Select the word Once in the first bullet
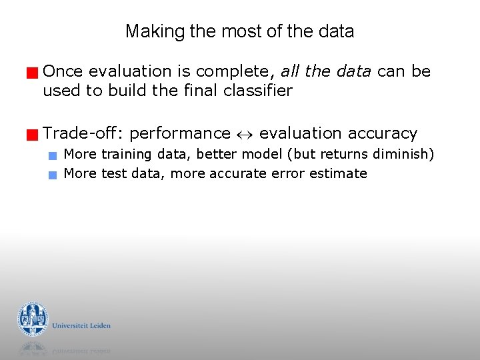pos(63,71)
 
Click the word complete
pos(241,71)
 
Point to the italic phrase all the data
pos(326,71)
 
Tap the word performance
pos(180,134)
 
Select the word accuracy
pos(384,134)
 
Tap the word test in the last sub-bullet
pos(112,174)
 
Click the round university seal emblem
pos(33,319)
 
